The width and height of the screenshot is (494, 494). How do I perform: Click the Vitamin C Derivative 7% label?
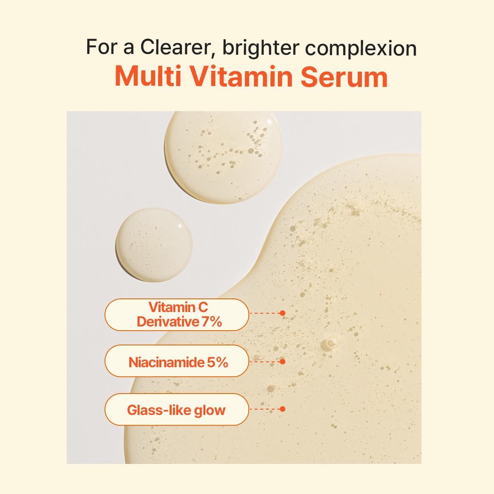tap(177, 315)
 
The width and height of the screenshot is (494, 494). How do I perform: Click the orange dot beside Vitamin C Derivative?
tap(282, 313)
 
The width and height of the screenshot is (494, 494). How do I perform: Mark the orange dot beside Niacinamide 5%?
tap(282, 361)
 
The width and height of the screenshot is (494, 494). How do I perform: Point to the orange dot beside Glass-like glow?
tap(282, 409)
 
